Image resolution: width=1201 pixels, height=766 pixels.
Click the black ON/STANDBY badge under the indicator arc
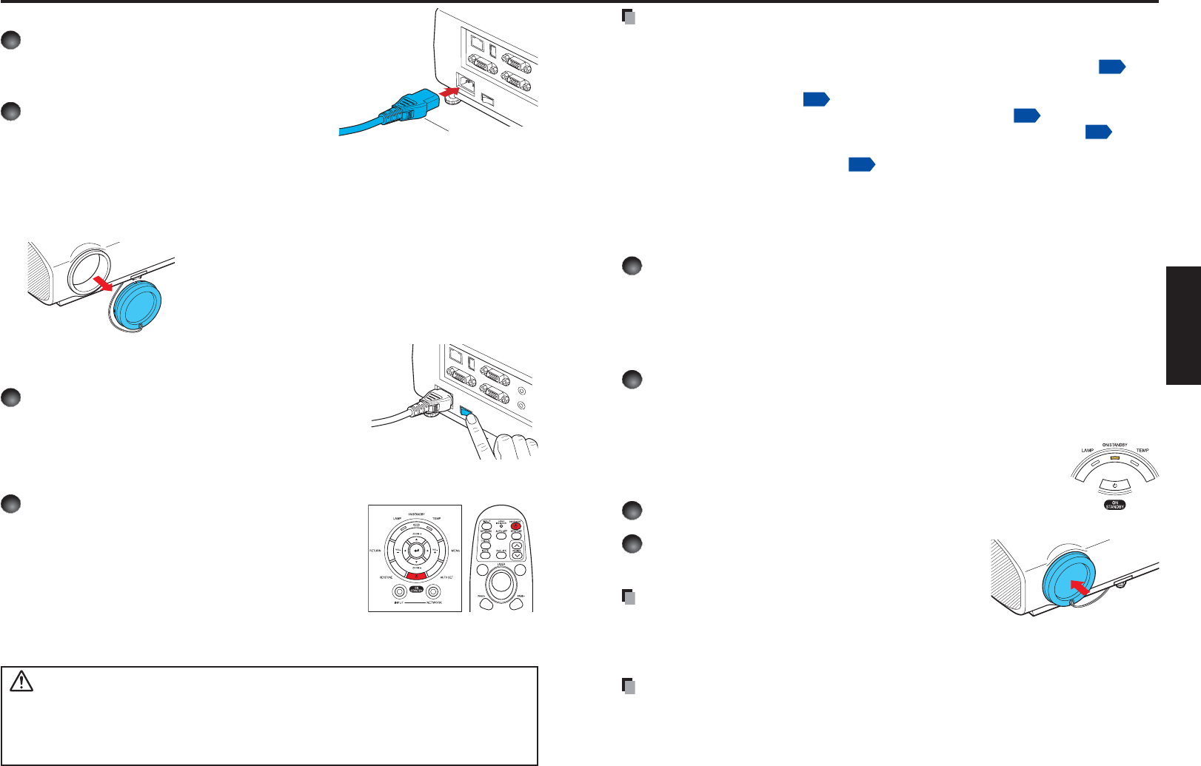pos(1114,505)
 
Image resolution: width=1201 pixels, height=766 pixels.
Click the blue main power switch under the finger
pos(466,411)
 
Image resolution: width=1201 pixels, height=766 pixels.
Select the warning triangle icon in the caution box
pos(21,681)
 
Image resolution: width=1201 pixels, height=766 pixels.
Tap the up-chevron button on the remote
pos(516,545)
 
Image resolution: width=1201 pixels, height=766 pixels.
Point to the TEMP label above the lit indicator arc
pos(1143,451)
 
